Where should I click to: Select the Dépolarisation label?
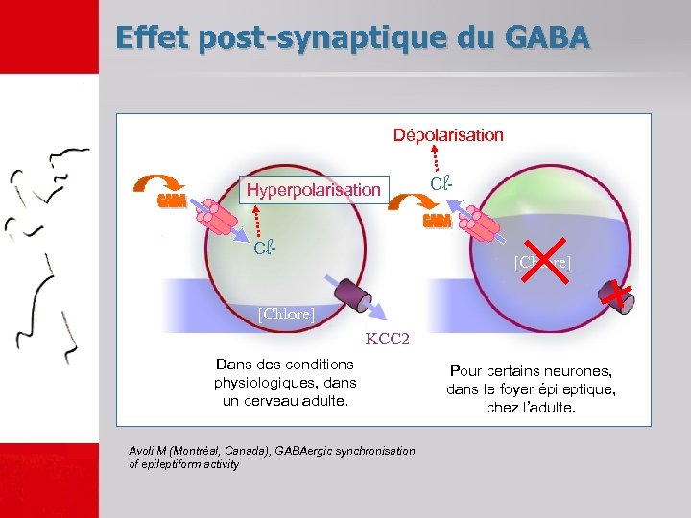(448, 135)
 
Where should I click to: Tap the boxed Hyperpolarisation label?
(314, 189)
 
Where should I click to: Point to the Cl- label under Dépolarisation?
(441, 182)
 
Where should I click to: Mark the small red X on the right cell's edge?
(620, 295)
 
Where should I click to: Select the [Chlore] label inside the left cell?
(286, 314)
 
